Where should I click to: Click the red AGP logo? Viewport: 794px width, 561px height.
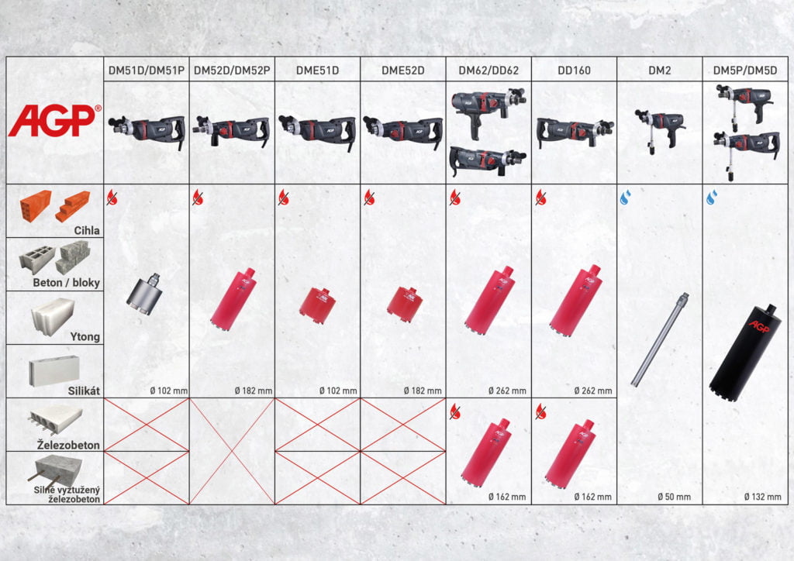coord(54,120)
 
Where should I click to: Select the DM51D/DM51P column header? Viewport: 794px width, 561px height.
coord(147,71)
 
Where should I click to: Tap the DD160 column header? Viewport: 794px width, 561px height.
coord(574,71)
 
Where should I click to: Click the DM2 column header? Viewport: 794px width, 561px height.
coord(659,71)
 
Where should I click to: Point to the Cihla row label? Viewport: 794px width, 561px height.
coord(87,230)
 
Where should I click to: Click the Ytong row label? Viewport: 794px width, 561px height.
coord(85,336)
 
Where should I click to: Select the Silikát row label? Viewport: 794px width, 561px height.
coord(84,391)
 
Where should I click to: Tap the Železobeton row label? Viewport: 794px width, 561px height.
coord(68,445)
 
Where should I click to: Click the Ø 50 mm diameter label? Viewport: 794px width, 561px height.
coord(674,497)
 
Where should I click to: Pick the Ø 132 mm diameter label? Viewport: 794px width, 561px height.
coord(763,497)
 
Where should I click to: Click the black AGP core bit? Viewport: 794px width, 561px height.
coord(744,352)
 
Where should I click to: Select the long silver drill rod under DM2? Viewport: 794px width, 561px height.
coord(660,339)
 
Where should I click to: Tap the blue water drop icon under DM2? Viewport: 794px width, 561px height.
coord(626,198)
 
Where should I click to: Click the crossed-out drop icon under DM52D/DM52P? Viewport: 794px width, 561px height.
coord(198,198)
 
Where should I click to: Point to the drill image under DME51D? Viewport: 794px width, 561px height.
coord(317,131)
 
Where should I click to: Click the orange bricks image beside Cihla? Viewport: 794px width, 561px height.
coord(55,206)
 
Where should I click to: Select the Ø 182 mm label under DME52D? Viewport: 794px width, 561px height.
coord(423,391)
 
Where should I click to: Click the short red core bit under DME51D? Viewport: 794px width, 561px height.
coord(317,305)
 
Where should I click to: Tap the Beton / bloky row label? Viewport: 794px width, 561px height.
coord(67,282)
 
